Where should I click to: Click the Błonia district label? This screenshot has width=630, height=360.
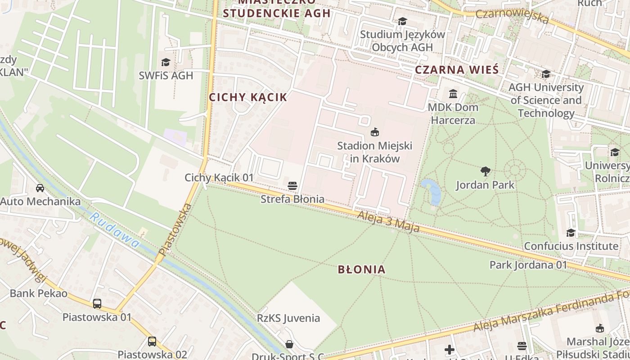coord(362,270)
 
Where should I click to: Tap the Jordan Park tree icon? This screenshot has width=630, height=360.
coord(485,171)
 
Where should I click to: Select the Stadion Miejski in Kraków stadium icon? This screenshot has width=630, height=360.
coord(374,132)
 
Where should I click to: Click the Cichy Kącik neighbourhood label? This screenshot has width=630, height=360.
coord(247,97)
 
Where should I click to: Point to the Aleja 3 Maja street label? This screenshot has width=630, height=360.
coord(388,223)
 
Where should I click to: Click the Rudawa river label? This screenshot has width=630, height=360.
coord(114,230)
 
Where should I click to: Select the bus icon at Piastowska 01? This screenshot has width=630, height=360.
coord(97,304)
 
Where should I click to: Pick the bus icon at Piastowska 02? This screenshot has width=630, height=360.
coord(152,342)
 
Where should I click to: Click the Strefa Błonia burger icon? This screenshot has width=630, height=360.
coord(292,185)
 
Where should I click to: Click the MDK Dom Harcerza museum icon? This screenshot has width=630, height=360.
coord(453,94)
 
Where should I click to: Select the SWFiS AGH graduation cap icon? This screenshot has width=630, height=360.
coord(166,62)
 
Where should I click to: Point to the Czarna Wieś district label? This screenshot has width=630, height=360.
coord(457,70)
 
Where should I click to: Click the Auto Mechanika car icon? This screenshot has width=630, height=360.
coord(40,188)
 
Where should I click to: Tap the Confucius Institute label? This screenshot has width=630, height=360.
coord(571,246)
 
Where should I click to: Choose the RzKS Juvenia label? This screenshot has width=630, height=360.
coord(288,318)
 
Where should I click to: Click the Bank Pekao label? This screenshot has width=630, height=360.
coord(39,294)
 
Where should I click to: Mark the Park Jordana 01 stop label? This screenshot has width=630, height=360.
coord(528,265)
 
